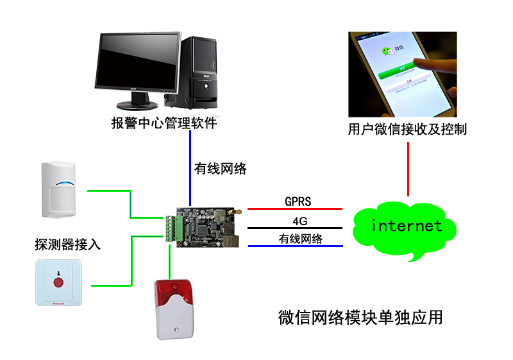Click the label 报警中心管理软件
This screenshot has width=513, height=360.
(x=164, y=122)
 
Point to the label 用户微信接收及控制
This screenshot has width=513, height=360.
(x=407, y=129)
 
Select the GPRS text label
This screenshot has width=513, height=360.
(x=298, y=201)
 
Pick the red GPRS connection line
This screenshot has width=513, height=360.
(x=295, y=209)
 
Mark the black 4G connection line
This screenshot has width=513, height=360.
(x=295, y=228)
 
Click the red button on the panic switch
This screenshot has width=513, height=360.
(x=59, y=282)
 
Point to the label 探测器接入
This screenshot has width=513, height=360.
(x=68, y=244)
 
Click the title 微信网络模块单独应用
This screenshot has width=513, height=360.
(x=360, y=318)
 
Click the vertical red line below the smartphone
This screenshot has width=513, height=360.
(x=408, y=168)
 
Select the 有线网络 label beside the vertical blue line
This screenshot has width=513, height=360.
(x=221, y=169)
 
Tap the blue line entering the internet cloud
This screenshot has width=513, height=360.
(x=295, y=246)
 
